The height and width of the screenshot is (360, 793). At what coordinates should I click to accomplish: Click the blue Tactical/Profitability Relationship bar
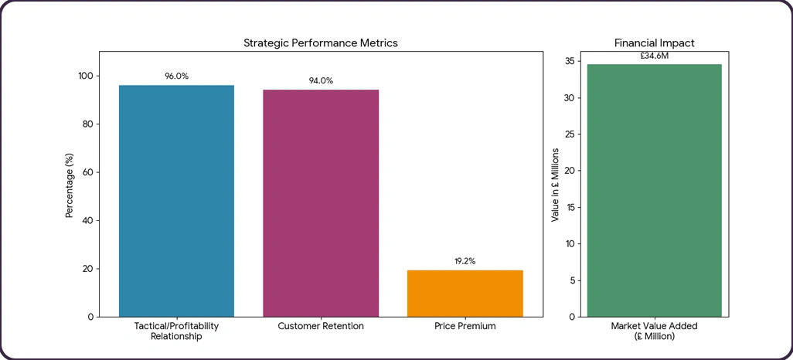(x=176, y=201)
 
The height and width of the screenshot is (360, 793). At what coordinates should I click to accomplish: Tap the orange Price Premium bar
(x=465, y=294)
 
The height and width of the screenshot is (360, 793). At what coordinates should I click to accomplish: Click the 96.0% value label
(x=176, y=76)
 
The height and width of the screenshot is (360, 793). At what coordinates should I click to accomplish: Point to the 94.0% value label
(x=321, y=80)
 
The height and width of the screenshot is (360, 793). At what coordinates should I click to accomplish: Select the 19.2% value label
(x=465, y=261)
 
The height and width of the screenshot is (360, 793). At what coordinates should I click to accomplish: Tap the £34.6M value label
(x=654, y=56)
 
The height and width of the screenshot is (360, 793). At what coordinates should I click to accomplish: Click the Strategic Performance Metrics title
(x=321, y=43)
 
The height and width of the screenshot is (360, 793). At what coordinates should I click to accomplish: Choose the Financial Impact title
(x=654, y=43)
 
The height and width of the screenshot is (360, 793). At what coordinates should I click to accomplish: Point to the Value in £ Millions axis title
(x=555, y=185)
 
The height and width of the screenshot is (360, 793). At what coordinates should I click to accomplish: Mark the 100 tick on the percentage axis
(x=84, y=76)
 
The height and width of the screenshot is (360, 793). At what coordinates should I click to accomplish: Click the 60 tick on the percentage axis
(x=87, y=172)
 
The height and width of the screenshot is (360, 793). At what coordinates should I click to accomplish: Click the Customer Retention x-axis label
(x=321, y=327)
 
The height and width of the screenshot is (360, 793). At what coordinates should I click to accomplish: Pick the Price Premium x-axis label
(x=465, y=327)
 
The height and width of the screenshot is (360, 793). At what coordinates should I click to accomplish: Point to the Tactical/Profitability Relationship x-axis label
(x=176, y=331)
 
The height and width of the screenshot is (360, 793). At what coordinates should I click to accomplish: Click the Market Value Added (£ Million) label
(x=654, y=331)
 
